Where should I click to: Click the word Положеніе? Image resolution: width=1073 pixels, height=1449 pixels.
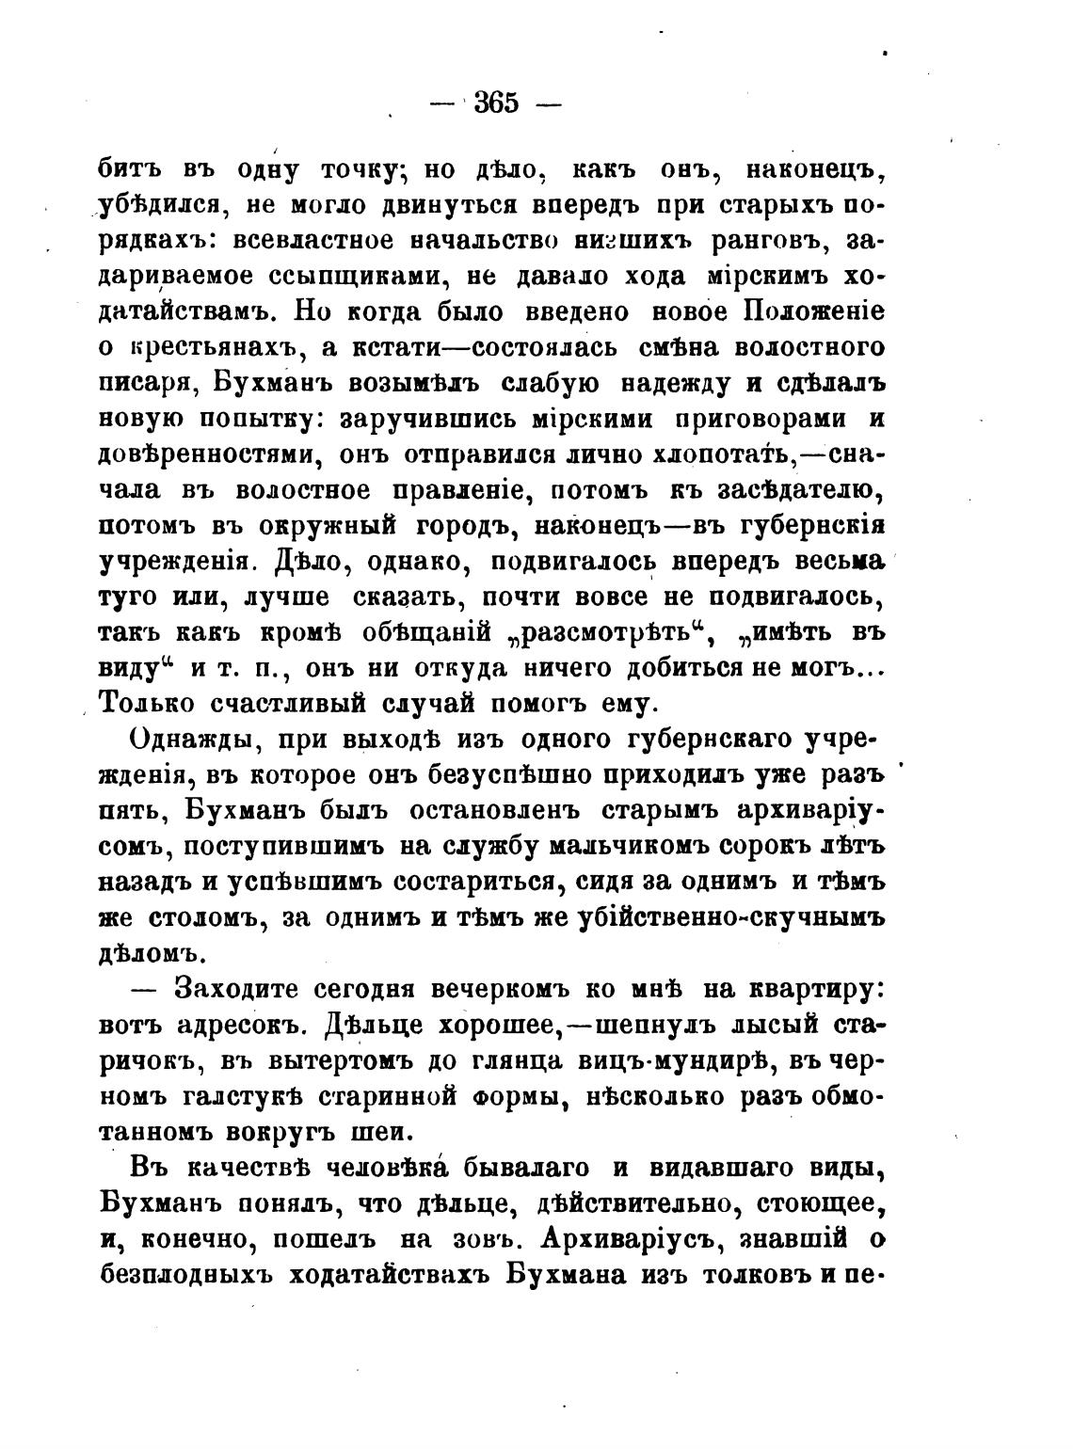[x=815, y=311]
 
